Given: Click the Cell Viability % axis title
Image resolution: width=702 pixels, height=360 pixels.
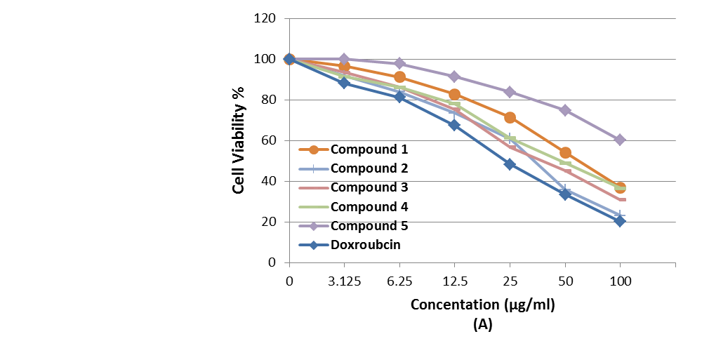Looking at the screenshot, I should click(239, 140).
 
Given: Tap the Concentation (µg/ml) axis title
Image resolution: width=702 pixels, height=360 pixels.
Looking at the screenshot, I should click(487, 305).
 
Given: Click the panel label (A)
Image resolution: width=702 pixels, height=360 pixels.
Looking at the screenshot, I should click(483, 325).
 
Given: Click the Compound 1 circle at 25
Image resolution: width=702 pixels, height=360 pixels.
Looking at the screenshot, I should click(510, 117).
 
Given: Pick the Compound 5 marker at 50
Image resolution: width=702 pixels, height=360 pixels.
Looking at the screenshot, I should click(565, 110).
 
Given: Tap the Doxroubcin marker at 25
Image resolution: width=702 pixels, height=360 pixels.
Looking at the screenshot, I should click(510, 164).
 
